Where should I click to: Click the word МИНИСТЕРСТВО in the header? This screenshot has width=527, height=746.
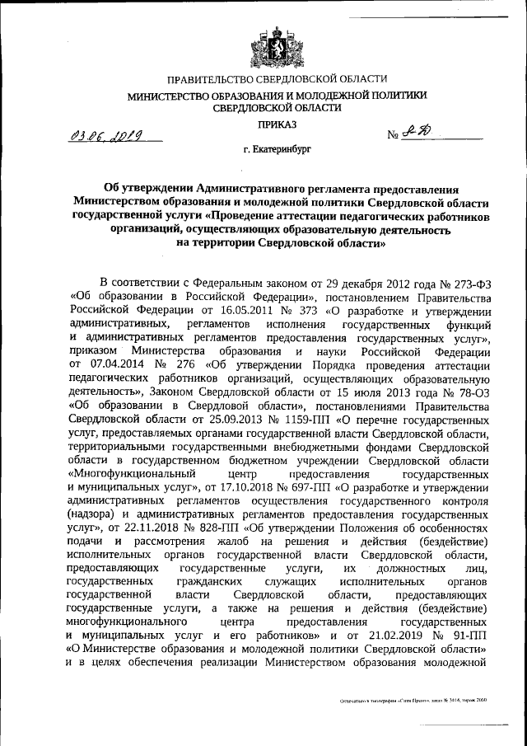coord(168,95)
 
